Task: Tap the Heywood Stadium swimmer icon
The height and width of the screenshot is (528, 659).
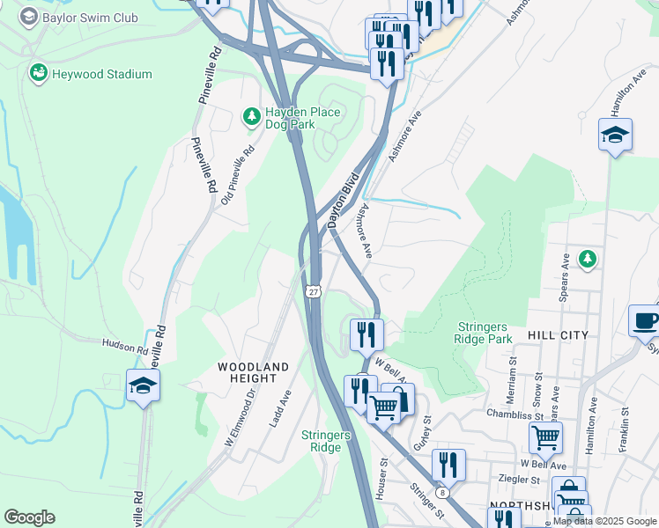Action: click(x=38, y=73)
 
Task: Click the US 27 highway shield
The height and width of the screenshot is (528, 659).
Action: click(x=315, y=290)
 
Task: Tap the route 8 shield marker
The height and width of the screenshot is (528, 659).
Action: click(x=441, y=494)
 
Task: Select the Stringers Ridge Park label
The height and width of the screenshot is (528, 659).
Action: click(x=484, y=332)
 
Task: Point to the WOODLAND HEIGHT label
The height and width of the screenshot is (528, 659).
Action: click(x=254, y=371)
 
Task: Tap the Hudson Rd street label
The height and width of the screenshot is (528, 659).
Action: click(x=125, y=347)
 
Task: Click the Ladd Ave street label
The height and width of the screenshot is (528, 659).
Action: click(x=280, y=409)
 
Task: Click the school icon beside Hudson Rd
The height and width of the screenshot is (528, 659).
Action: click(x=142, y=385)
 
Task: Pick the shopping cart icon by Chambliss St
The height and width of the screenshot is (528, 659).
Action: click(x=545, y=436)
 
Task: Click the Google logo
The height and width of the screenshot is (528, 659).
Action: click(x=29, y=517)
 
